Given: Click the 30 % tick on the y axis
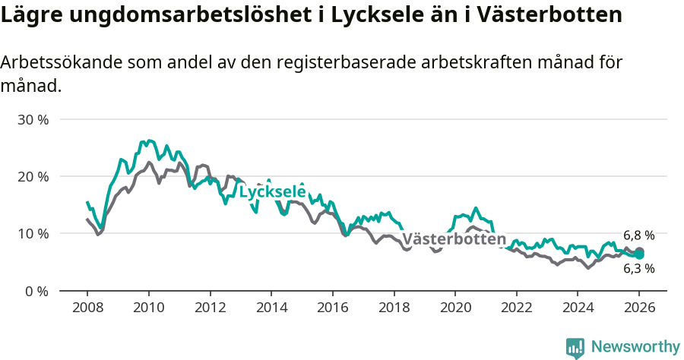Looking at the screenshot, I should tap(33, 120).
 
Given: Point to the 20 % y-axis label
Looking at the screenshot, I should tap(33, 177).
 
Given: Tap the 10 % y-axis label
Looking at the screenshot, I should tap(33, 234).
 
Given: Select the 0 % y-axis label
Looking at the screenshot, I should tap(37, 291).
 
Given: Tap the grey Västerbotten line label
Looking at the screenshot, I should tap(454, 240).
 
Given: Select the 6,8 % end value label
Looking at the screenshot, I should tap(638, 235).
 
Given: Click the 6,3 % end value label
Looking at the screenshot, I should tap(638, 268).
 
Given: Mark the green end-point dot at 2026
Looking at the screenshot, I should tap(640, 255).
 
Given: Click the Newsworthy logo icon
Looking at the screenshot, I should tap(575, 347).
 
